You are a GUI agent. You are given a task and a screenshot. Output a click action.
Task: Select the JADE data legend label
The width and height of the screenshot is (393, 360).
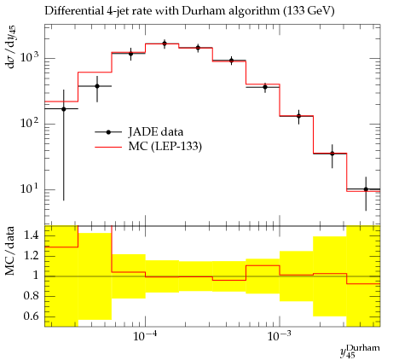(156, 132)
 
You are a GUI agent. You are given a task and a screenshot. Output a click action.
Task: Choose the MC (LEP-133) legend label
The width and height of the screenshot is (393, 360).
(165, 147)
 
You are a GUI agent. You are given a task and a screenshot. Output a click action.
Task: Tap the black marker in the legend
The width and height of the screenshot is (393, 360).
(108, 132)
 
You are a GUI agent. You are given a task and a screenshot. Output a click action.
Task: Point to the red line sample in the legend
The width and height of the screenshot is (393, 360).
(108, 147)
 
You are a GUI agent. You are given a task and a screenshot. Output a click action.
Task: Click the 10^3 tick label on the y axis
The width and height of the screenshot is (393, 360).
(30, 57)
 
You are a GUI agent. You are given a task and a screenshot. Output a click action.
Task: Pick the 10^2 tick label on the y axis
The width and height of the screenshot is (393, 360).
(30, 123)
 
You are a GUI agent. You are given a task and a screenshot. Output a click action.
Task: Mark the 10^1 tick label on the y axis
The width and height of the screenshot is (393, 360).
(30, 189)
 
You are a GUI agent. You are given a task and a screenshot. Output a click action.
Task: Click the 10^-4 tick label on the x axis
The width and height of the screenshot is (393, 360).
(145, 336)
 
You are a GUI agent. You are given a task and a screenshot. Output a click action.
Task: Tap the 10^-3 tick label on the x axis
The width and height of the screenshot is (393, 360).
(279, 336)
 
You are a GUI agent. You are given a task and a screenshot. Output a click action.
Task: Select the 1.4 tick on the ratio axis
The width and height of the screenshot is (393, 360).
(32, 235)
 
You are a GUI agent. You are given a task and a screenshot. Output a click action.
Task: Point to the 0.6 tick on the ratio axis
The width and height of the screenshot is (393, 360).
(32, 316)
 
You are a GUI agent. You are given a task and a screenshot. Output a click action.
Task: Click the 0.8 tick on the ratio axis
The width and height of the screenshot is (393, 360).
(32, 296)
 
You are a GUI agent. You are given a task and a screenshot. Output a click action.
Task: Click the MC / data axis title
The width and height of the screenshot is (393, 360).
(10, 251)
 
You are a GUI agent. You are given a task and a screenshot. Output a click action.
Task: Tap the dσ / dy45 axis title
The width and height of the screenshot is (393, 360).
(11, 47)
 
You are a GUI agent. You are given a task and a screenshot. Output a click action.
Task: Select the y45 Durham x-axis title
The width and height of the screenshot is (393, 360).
(360, 351)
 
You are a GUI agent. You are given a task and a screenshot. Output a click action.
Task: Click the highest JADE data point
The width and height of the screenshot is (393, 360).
(165, 44)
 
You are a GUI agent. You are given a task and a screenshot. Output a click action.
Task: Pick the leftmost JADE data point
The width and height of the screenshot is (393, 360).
(64, 109)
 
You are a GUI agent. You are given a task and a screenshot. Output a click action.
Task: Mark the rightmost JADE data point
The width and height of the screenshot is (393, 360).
(366, 189)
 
